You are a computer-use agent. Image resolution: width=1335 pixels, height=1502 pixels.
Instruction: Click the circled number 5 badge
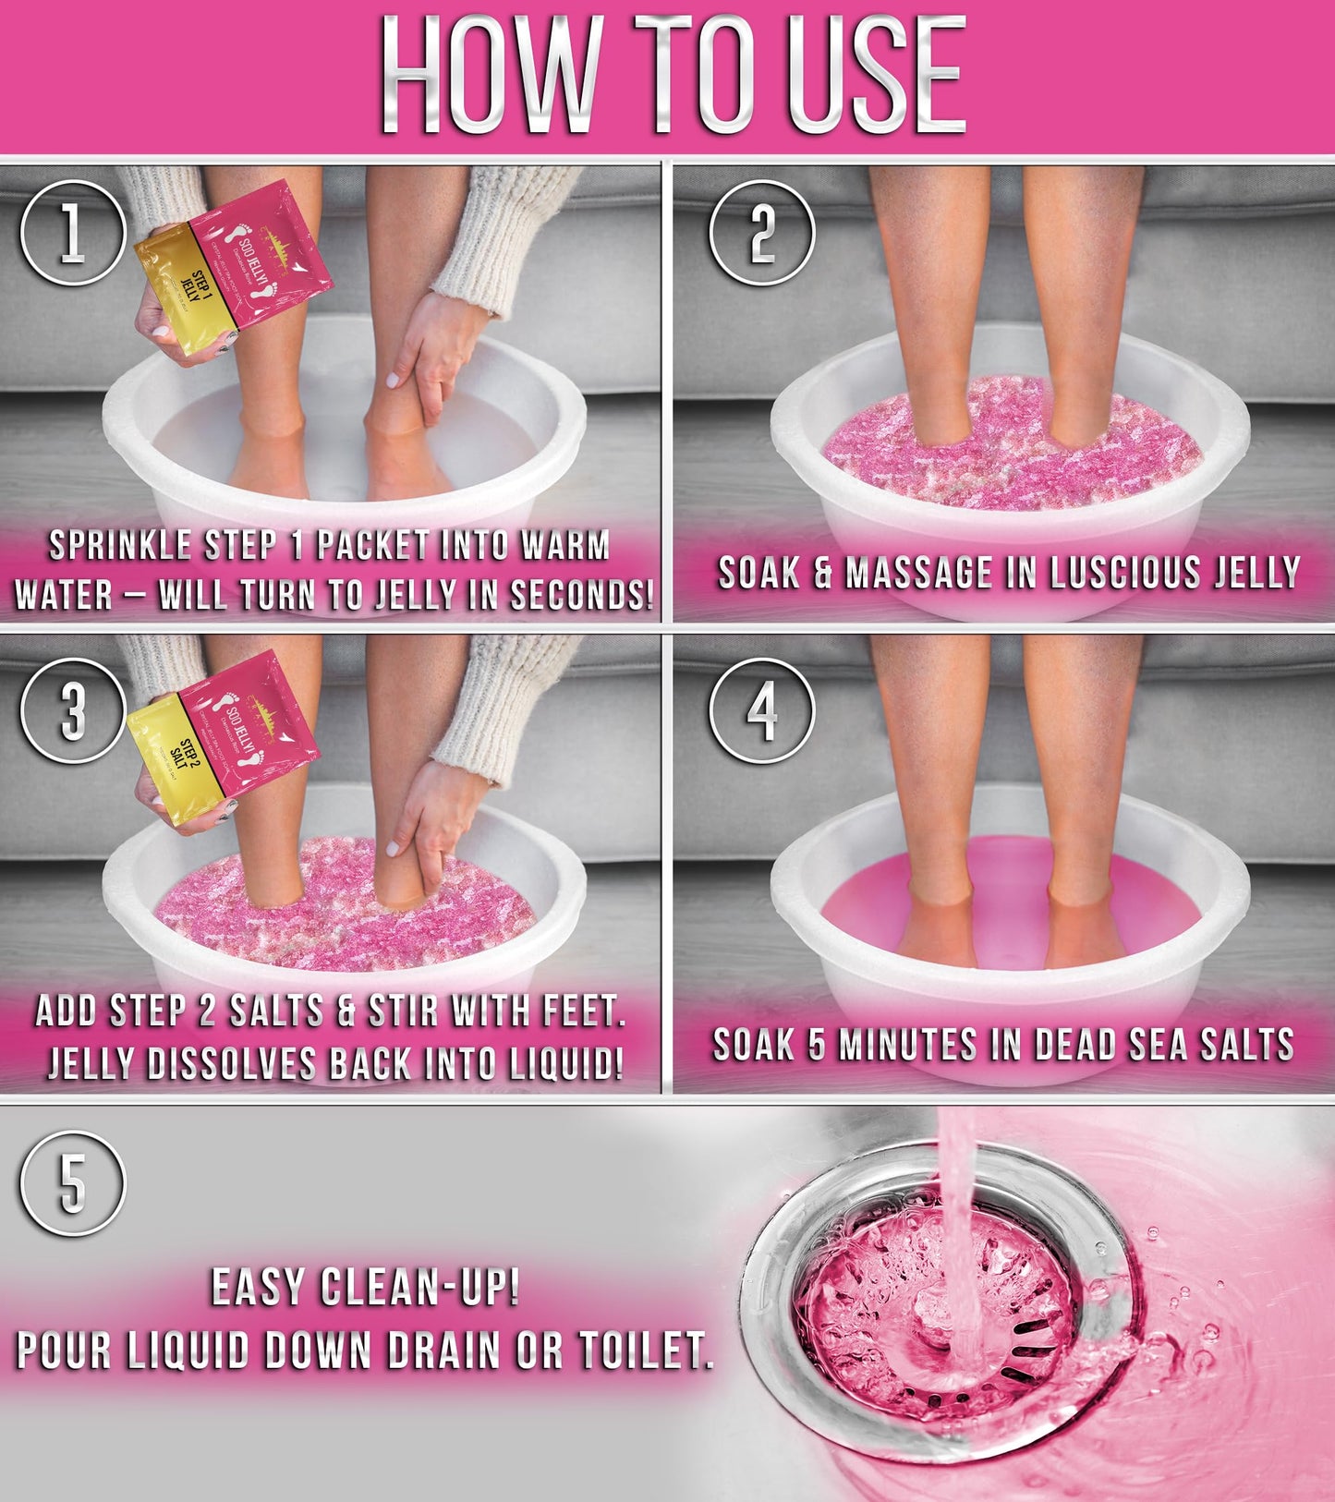click(x=72, y=1184)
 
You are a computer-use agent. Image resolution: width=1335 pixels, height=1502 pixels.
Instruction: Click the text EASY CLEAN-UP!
click(x=365, y=1288)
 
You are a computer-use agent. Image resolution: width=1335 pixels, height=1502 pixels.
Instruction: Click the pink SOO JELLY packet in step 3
click(x=249, y=716)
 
